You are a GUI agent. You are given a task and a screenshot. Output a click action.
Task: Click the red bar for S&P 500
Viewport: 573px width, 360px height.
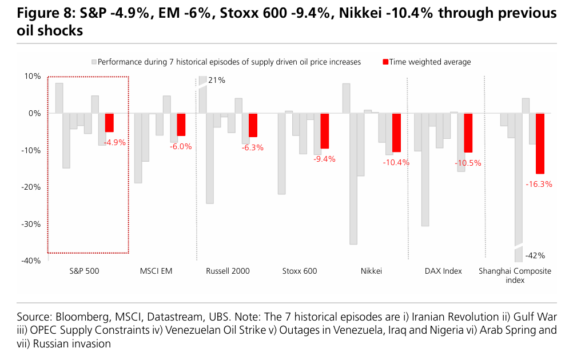pos(109,123)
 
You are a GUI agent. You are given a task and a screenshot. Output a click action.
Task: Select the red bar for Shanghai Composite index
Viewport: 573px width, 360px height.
pos(540,143)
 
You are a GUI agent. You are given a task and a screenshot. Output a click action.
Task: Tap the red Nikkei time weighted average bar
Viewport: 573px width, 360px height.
pos(396,133)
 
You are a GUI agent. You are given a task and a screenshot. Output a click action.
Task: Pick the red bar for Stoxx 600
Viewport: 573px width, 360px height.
pos(325,131)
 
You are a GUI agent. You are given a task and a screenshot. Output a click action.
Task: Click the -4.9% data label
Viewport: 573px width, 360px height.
pos(115,142)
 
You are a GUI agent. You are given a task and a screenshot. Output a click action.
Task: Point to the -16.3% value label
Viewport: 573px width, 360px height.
pos(539,184)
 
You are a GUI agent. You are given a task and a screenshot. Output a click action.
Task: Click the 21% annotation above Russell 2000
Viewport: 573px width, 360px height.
pos(217,81)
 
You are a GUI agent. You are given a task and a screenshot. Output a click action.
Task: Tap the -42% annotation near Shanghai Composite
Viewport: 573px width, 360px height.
pos(535,255)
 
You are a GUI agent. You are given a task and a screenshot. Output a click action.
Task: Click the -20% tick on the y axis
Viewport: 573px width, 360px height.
pos(31,187)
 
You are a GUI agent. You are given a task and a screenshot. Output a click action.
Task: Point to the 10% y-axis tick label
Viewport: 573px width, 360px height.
pos(33,76)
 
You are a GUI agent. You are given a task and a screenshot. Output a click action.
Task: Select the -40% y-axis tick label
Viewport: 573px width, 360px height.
pos(31,261)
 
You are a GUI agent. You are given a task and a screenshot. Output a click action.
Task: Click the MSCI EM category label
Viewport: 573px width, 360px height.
pos(156,271)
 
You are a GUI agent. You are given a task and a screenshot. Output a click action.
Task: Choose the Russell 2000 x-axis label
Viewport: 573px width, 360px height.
pos(228,271)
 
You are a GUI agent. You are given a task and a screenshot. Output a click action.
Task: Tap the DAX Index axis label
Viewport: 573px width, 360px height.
pos(443,271)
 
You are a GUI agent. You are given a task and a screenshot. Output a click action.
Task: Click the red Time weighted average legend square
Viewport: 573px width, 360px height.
pos(385,62)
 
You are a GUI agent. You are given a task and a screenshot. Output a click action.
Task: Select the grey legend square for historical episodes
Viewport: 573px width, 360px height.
pos(94,62)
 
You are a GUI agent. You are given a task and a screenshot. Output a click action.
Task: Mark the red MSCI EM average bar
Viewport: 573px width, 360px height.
pos(181,125)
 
